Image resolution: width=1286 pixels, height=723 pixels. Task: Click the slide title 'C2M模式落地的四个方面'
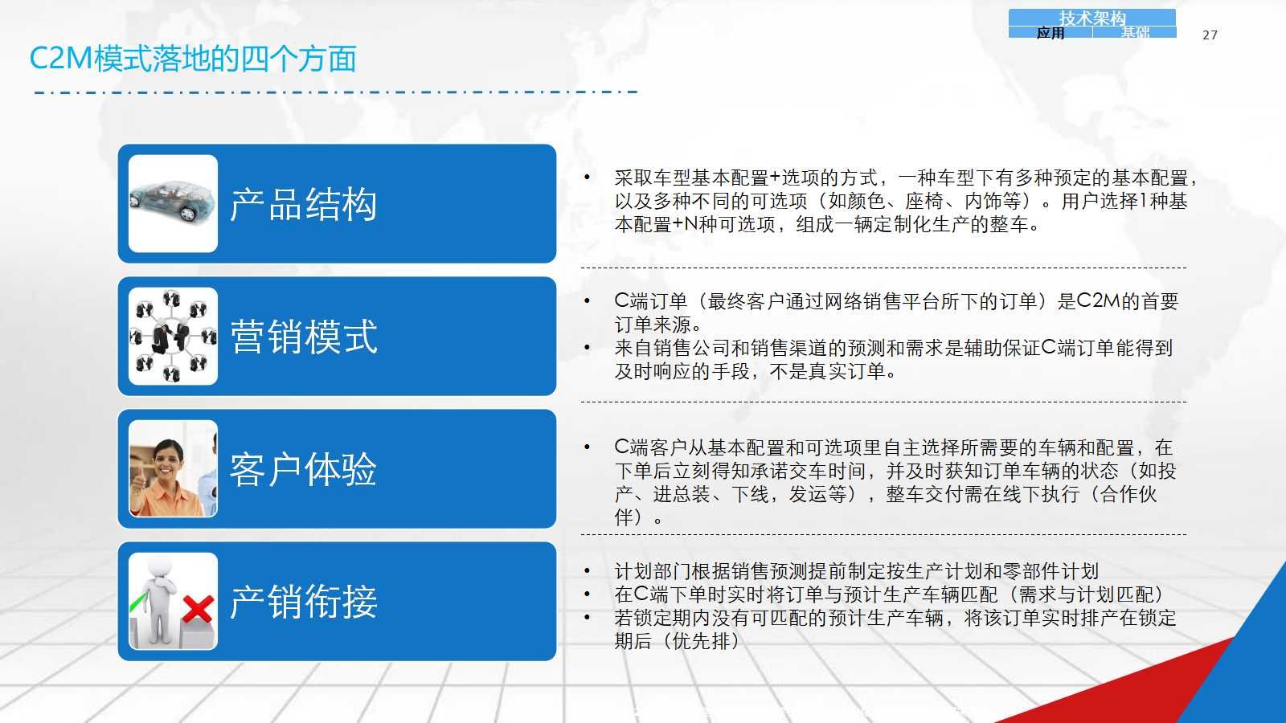click(193, 59)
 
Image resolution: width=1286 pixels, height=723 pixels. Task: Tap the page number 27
click(1210, 35)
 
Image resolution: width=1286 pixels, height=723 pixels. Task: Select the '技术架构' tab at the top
click(1092, 18)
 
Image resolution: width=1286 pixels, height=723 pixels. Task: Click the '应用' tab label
click(1050, 33)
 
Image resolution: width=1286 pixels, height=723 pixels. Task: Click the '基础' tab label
click(1134, 33)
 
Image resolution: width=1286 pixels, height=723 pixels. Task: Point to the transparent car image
click(172, 202)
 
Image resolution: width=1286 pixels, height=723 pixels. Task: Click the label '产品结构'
click(303, 204)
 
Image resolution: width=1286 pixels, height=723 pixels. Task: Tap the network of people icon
click(173, 337)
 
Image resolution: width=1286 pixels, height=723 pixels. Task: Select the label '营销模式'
click(303, 337)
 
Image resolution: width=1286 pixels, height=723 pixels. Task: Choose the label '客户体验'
click(303, 469)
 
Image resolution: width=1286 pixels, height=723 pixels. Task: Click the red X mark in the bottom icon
click(198, 609)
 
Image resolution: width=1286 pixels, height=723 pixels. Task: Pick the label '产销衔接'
click(303, 602)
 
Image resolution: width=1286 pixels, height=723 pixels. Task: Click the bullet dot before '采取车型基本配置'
click(587, 178)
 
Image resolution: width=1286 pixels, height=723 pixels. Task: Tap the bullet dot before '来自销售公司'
click(587, 348)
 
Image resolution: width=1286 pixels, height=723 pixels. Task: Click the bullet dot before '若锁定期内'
click(587, 618)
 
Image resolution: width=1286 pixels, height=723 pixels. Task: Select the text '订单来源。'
click(658, 325)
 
